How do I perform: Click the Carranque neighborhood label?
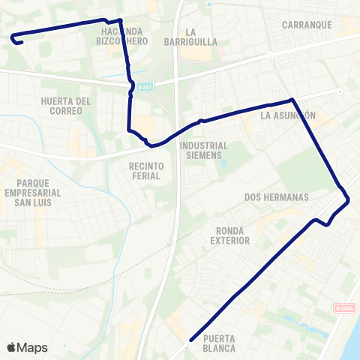[307, 25]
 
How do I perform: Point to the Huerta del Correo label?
[67, 106]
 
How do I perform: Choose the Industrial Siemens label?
[204, 151]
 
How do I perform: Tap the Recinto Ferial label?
[146, 171]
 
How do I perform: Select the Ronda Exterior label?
[229, 235]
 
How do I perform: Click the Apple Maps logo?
[27, 347]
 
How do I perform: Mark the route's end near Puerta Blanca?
[190, 339]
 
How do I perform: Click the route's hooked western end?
[20, 43]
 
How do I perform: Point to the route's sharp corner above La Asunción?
[292, 99]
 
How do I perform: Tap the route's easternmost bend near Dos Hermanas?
[349, 199]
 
